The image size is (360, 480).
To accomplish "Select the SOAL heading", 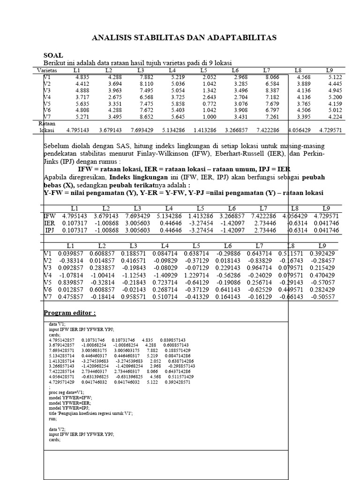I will click(x=53, y=55).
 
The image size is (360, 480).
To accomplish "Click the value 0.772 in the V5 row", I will click(x=208, y=103).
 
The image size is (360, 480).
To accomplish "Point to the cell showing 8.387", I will click(x=272, y=90).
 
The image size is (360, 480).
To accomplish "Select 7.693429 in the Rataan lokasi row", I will click(x=144, y=129).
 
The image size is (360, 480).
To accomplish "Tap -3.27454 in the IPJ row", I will click(x=201, y=231).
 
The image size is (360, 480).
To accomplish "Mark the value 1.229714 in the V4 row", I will click(x=196, y=276).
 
